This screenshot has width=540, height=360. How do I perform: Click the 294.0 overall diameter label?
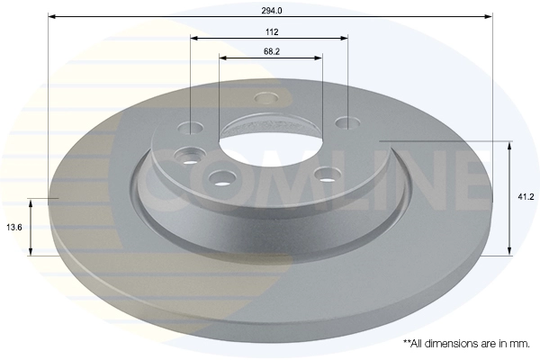[272, 11]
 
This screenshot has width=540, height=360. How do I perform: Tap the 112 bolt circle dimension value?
[272, 32]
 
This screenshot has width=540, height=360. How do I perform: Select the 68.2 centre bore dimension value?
[272, 51]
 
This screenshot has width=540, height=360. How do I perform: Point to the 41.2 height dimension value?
[526, 197]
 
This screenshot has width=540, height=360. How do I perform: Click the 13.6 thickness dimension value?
[14, 228]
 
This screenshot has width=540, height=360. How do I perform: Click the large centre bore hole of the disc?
[271, 148]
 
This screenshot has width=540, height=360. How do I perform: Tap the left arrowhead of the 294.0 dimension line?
[52, 16]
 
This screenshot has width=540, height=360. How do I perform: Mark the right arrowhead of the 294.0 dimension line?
[489, 16]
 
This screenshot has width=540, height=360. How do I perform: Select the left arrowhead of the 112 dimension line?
[194, 38]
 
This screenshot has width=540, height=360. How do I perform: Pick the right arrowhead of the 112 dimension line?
[344, 38]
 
